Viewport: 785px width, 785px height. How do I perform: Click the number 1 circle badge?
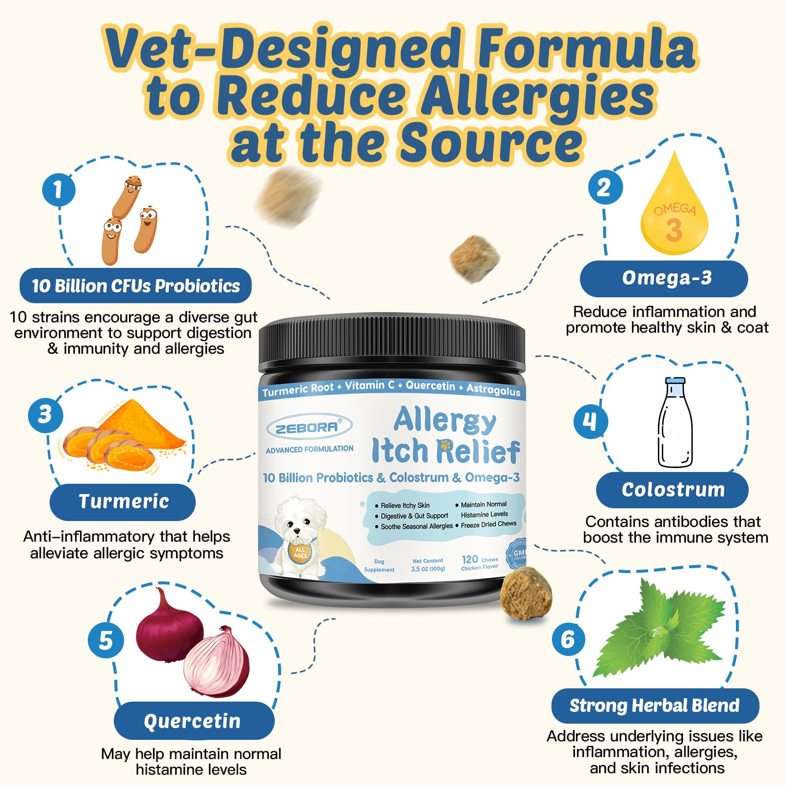click(x=59, y=189)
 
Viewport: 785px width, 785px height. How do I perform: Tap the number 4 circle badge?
click(x=590, y=421)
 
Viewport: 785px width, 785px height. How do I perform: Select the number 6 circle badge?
click(x=568, y=639)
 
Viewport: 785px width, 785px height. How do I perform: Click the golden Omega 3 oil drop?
click(x=675, y=216)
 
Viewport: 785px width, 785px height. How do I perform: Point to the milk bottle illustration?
click(x=675, y=423)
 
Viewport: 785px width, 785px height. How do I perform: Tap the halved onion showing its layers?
click(x=217, y=662)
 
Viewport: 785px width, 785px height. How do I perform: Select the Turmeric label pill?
click(x=123, y=502)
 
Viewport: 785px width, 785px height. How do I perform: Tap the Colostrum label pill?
click(x=672, y=490)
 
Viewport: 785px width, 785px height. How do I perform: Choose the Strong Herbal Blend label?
click(x=655, y=706)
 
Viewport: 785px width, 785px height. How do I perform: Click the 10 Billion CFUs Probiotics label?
click(x=135, y=286)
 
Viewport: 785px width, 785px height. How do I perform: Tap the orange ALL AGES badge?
click(x=300, y=552)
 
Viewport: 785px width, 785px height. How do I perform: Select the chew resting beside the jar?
click(x=526, y=594)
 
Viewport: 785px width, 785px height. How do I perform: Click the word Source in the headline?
click(x=491, y=142)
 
